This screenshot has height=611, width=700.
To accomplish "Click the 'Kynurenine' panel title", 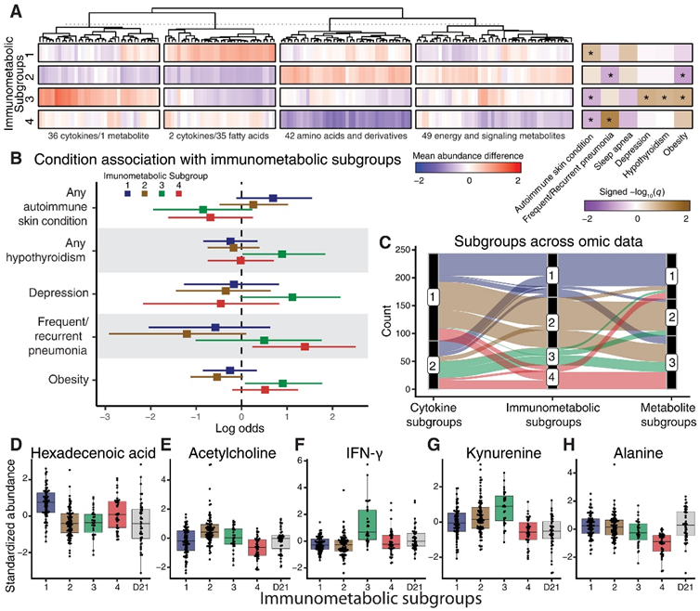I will click(x=493, y=453).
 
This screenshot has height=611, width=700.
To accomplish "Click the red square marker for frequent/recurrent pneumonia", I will click(x=305, y=346).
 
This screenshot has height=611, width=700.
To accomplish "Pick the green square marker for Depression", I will click(x=292, y=297).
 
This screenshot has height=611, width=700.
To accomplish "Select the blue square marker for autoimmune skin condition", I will click(x=273, y=198).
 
